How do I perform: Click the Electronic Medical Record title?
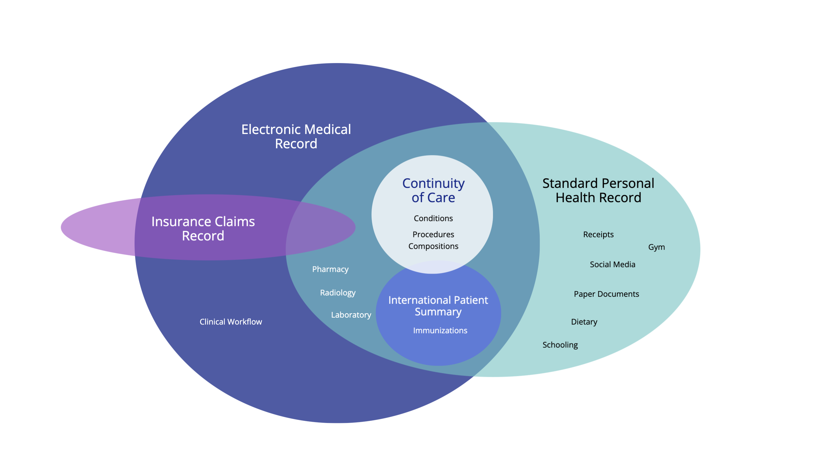(x=296, y=136)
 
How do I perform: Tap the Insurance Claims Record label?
(x=203, y=229)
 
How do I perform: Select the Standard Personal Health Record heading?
(x=598, y=191)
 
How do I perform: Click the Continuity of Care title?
(x=433, y=191)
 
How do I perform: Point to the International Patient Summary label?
(x=438, y=306)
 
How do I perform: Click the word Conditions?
(x=433, y=218)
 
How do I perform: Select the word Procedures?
(x=433, y=234)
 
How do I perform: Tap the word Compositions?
(x=433, y=246)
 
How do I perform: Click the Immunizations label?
(x=440, y=330)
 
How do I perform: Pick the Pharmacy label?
(x=330, y=269)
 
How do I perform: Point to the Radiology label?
(x=337, y=293)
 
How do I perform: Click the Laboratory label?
(x=351, y=315)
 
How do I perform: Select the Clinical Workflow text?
(x=230, y=322)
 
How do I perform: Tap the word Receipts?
(x=598, y=234)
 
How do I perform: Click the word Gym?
(x=656, y=247)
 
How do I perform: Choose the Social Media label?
(x=612, y=264)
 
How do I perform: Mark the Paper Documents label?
(x=606, y=294)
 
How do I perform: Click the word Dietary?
(x=584, y=322)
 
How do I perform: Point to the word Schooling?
(x=560, y=345)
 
